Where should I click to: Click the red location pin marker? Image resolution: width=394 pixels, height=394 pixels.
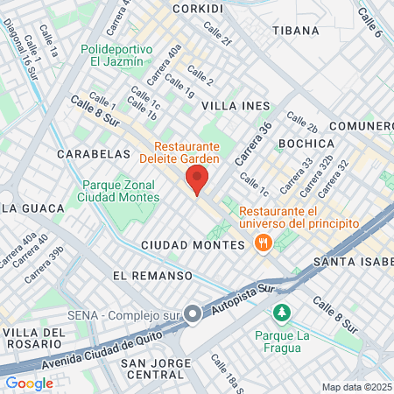[x=197, y=181]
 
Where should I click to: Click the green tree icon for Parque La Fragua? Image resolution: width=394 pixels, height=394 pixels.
[x=281, y=312]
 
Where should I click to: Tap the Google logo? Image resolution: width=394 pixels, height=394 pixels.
[x=30, y=383]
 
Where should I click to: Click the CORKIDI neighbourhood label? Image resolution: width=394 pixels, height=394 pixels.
[x=198, y=7]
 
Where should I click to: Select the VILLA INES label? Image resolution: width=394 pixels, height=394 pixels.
[x=236, y=105]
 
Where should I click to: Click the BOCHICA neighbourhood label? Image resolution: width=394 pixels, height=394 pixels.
[x=306, y=143]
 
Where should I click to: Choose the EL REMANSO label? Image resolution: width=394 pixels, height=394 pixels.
[x=152, y=275]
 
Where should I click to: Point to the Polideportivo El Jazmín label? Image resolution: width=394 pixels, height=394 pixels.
[x=119, y=55]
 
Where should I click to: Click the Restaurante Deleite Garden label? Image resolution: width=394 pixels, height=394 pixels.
[x=200, y=153]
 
